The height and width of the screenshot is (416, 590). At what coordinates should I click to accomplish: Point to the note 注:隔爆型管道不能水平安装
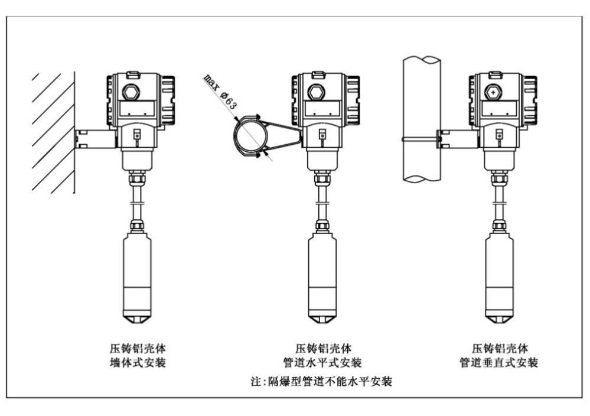tap(322, 382)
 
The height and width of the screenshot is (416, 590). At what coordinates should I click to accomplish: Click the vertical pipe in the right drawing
tap(421, 118)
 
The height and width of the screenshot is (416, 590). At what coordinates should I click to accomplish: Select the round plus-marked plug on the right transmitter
tap(493, 93)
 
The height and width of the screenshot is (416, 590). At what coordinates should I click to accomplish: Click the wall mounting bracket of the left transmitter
tap(94, 138)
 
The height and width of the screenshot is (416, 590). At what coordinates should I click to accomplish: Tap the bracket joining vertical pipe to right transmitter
tap(457, 139)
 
